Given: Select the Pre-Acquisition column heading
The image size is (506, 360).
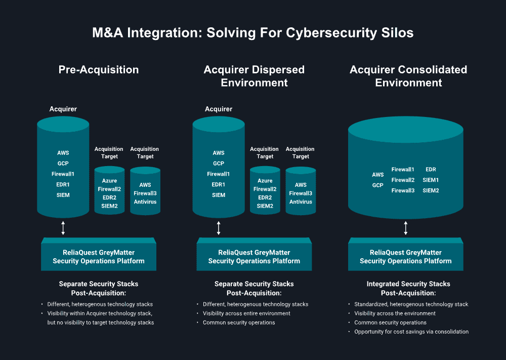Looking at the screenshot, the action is [99, 70].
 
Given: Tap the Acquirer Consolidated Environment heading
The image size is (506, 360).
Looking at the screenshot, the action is [408, 76].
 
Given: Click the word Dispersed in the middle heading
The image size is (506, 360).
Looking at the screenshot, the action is [278, 70].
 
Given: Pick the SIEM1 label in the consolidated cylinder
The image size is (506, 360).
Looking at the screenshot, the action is [431, 180].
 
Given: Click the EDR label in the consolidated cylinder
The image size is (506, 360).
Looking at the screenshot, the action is [431, 170].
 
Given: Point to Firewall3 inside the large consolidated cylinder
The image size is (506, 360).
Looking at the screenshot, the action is [403, 190].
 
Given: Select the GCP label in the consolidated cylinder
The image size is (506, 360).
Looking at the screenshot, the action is [377, 185].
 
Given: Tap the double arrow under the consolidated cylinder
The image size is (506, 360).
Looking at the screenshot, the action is [406, 228].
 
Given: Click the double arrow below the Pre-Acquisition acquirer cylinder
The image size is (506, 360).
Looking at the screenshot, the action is [63, 228].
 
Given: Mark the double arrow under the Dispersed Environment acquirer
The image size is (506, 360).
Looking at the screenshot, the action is [219, 228].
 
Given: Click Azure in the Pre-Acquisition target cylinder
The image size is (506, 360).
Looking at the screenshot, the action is [109, 181].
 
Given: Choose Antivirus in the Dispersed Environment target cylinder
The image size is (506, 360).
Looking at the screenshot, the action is [301, 202].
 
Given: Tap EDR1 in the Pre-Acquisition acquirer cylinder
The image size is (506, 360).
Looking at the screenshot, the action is [63, 185].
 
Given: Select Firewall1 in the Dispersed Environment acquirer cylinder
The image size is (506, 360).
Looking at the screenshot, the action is [219, 174].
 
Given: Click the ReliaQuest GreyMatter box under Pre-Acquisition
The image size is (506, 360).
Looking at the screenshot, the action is [99, 254].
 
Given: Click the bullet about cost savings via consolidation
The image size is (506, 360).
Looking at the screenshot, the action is [411, 332].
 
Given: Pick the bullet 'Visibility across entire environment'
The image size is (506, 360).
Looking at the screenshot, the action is [246, 313].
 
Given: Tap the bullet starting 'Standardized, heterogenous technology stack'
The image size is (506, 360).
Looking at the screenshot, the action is [411, 304].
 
